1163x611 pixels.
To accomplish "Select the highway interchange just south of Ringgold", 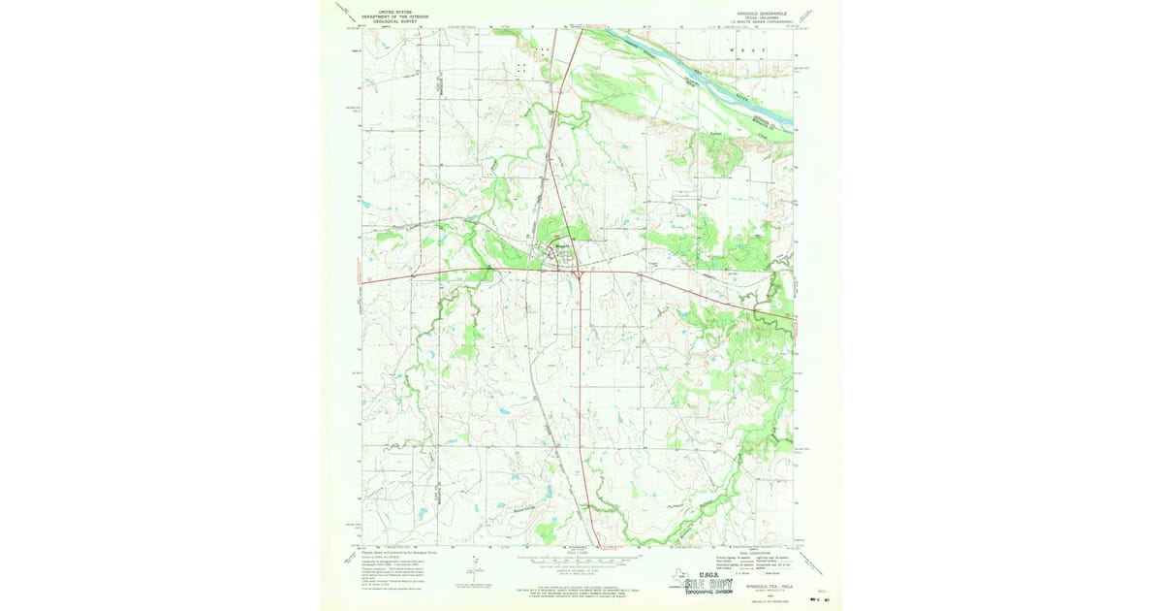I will click(x=579, y=274).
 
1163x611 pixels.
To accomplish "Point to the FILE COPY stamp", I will click(x=707, y=584).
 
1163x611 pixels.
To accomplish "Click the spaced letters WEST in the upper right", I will click(x=746, y=48).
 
